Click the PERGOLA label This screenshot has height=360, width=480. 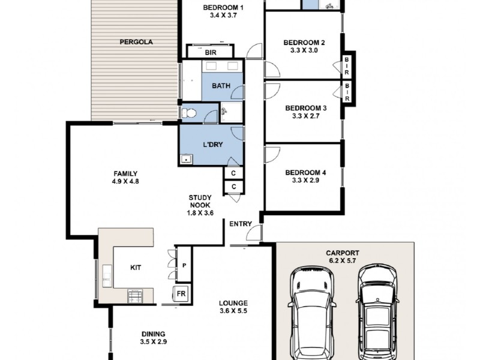point(136,42)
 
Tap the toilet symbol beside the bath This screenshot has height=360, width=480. point(188,113)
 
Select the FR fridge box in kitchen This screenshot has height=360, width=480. point(181,294)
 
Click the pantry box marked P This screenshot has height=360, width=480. point(184,265)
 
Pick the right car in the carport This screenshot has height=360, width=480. point(377,312)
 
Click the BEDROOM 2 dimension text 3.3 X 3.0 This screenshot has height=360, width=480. point(304,50)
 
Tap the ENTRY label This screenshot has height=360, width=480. point(241,224)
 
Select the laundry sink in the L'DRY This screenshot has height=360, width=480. point(186,159)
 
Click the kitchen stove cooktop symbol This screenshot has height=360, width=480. point(135,296)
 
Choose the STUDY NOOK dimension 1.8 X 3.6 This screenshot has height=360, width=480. point(200,213)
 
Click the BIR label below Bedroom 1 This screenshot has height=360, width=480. point(211,53)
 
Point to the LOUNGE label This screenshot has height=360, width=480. point(233,304)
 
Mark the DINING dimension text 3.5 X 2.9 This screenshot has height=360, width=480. point(154,341)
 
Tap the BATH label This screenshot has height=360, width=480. point(221,86)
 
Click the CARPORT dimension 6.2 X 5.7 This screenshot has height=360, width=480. point(343,261)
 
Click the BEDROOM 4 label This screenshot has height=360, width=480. point(305,173)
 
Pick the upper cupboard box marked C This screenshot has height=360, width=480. point(233,173)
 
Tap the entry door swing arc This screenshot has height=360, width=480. point(253,230)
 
